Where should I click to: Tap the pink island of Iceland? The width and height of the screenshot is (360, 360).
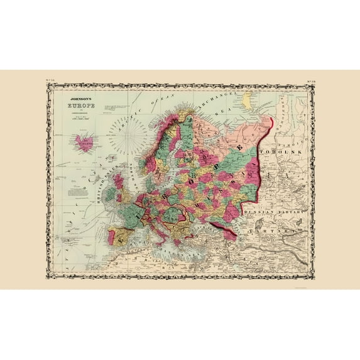(x=82, y=142)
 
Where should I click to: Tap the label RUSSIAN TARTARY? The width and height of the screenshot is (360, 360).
(x=274, y=211)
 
